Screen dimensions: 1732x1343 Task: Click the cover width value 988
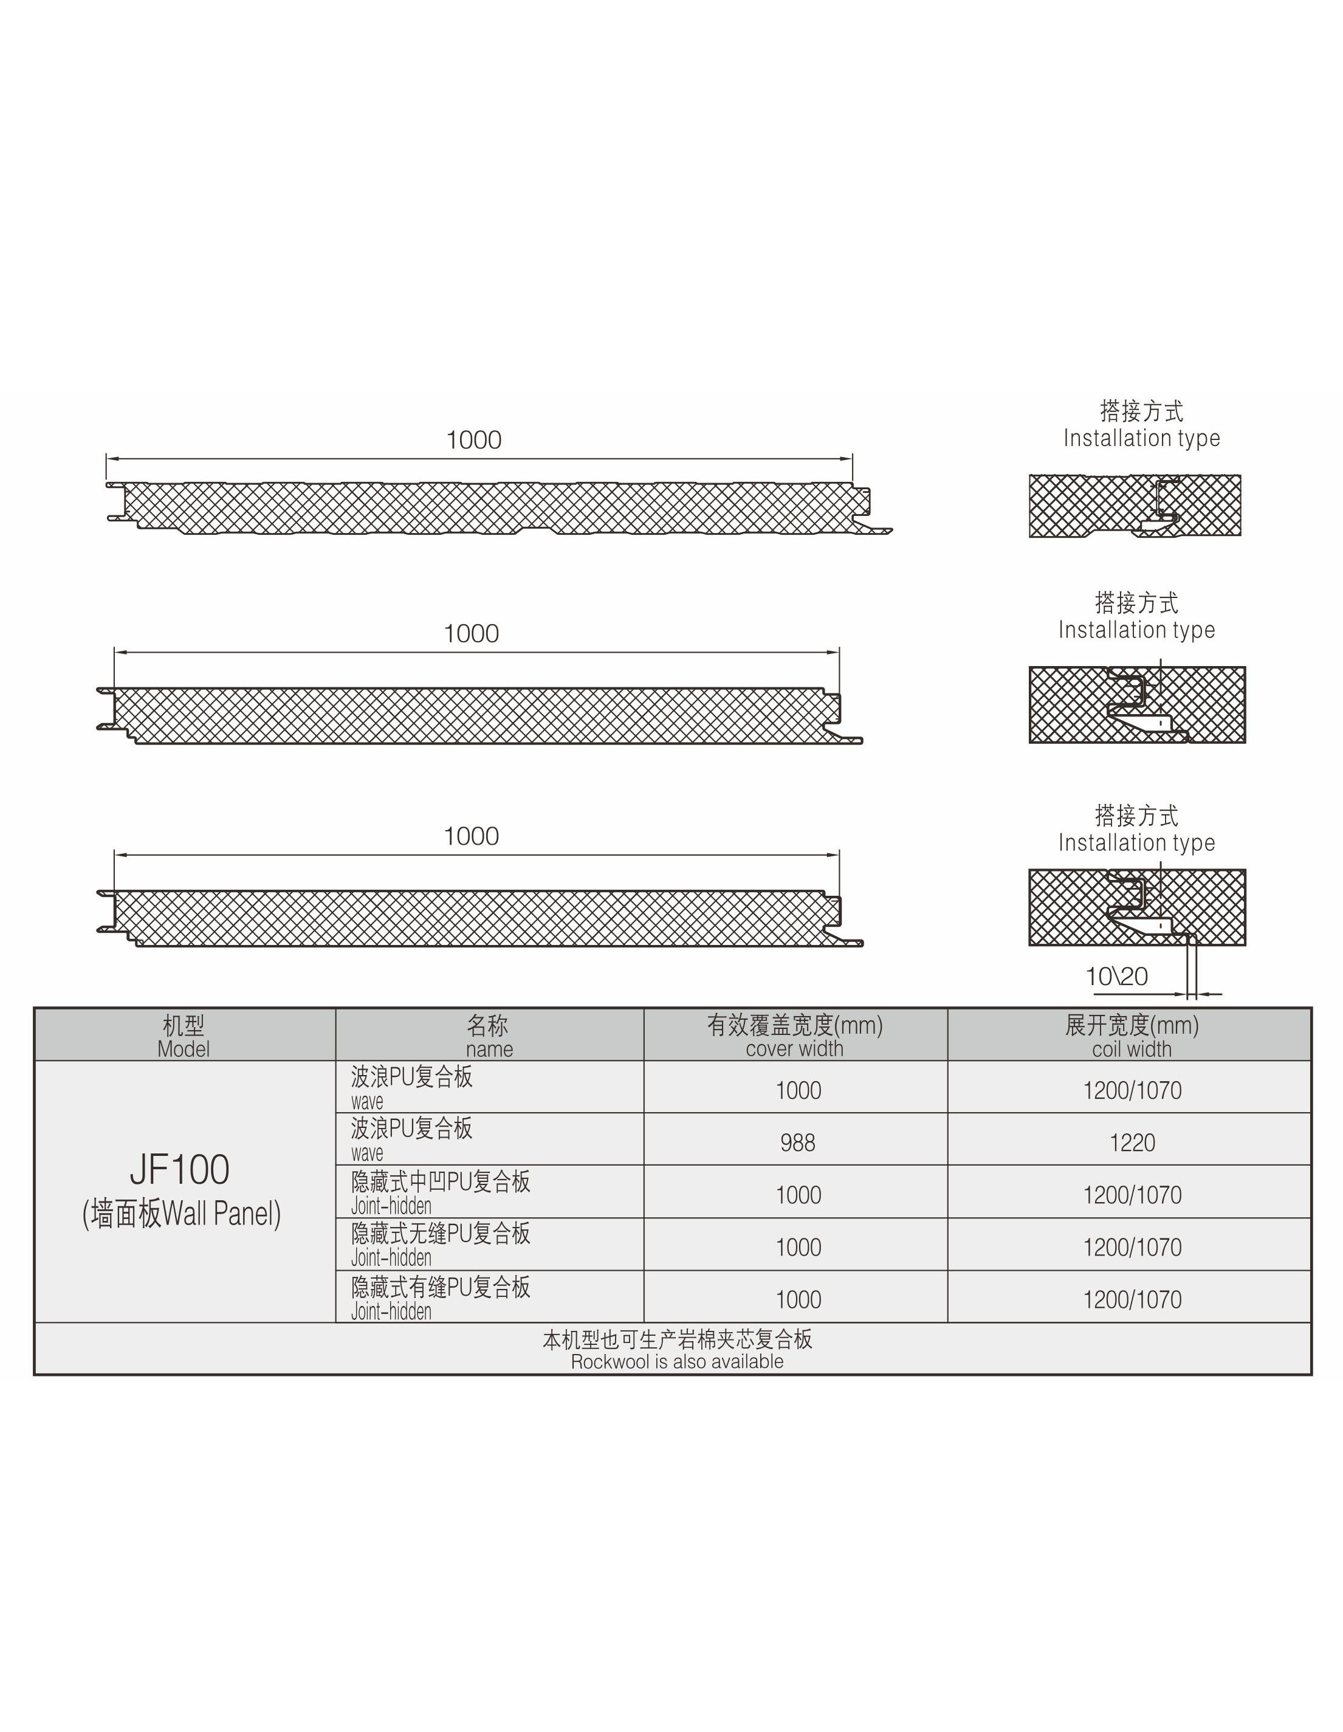(797, 1143)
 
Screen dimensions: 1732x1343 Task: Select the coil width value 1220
(1132, 1143)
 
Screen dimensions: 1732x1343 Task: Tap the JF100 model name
(180, 1170)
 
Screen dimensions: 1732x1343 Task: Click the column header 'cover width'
(794, 1036)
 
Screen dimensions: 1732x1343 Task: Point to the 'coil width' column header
(1132, 1036)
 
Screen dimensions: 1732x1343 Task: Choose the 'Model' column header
(183, 1036)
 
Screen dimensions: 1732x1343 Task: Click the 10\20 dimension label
(1116, 976)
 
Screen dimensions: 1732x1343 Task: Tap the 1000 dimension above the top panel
(473, 440)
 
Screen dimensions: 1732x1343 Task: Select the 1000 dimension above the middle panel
(471, 634)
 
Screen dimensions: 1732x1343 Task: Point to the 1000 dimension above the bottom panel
(471, 836)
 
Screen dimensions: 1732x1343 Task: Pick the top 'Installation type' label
(1142, 438)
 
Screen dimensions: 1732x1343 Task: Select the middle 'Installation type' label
(1136, 630)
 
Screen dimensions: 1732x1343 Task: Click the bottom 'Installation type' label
(1136, 842)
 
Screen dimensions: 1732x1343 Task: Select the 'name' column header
(489, 1036)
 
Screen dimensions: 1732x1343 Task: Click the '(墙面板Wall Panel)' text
(182, 1214)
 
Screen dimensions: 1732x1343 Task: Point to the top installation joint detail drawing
(1135, 506)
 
